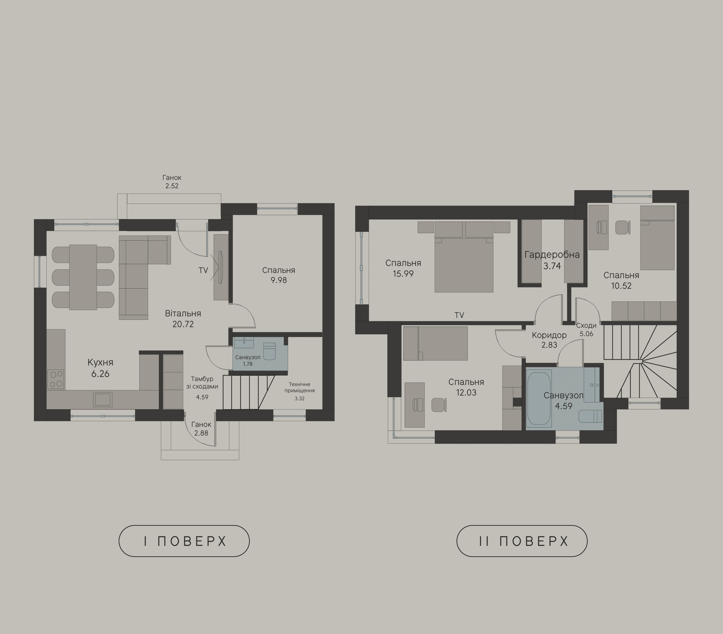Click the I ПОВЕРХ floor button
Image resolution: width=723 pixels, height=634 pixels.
pos(184,541)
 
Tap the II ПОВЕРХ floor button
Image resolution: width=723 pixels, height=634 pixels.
pos(522,541)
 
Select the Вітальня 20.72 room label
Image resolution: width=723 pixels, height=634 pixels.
pos(183,319)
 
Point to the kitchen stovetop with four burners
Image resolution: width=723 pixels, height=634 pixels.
pos(56,379)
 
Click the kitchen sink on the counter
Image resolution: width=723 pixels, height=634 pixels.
pos(103,399)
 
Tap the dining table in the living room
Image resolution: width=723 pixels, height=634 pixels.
pos(83,277)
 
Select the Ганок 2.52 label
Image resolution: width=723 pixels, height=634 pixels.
pos(172,181)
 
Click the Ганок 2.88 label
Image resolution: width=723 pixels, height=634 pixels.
pos(201,429)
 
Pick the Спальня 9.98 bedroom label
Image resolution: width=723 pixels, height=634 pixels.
pos(278,275)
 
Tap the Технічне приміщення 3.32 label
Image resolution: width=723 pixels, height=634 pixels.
pos(299,391)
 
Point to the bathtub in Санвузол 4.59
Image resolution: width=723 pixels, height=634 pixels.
pos(539,398)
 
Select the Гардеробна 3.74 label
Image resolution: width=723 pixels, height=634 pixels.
pos(552,260)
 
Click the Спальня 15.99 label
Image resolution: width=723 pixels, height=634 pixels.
pos(403,268)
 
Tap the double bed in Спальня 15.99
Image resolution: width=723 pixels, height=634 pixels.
pos(464,257)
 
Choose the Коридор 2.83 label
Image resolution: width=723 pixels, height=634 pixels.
pos(549,340)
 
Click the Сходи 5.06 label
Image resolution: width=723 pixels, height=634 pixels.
pos(586,329)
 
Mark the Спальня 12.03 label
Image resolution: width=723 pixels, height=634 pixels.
pos(466,387)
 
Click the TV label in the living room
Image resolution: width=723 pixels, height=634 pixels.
pos(203,270)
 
